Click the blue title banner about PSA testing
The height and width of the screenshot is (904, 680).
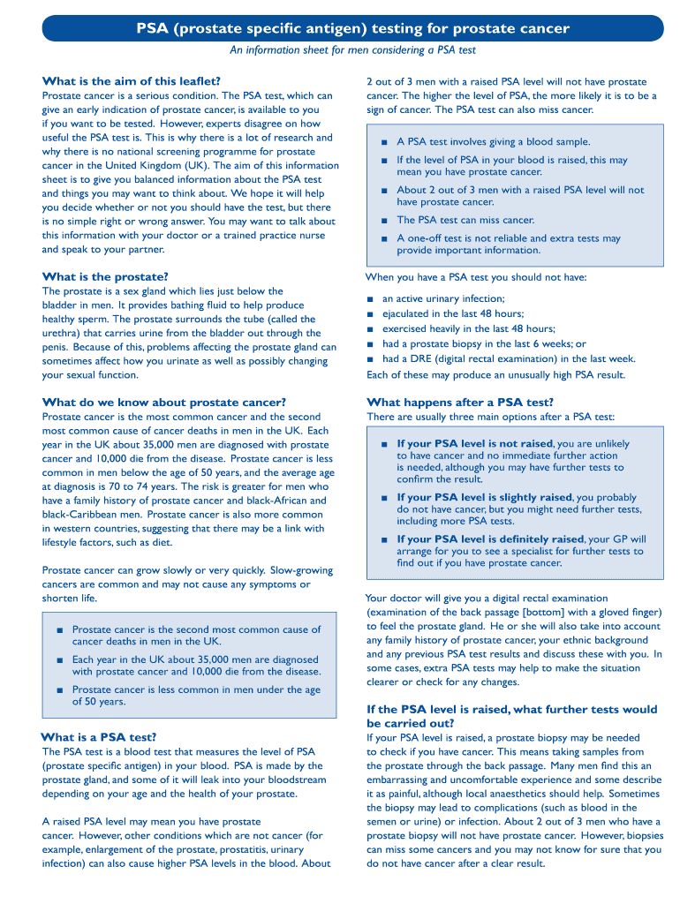352,29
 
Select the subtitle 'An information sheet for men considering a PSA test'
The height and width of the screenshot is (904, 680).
352,50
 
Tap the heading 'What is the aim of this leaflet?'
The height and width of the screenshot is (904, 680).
132,81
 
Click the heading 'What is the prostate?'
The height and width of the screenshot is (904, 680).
105,276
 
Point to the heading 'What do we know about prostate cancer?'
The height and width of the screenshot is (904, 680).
164,402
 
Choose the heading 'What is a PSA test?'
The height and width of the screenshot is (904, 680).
99,736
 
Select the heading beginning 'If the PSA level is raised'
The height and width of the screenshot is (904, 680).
511,715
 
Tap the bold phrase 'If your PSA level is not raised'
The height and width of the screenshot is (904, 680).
474,443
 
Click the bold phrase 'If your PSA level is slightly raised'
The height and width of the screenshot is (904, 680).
484,497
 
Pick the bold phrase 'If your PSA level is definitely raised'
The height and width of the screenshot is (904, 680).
490,539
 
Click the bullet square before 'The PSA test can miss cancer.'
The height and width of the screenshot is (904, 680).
384,221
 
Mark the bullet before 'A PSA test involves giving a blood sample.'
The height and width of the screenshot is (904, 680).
384,142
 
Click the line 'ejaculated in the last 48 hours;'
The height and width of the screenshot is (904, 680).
452,313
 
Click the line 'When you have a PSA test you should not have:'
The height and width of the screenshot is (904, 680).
475,277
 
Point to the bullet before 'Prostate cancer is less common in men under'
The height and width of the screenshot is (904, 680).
59,690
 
